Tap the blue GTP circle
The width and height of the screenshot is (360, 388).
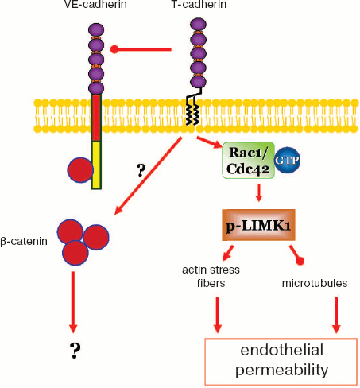[x=287, y=159]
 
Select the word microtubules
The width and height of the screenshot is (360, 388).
[x=313, y=282]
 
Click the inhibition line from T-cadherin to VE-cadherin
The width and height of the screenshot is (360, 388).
[x=143, y=50]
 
